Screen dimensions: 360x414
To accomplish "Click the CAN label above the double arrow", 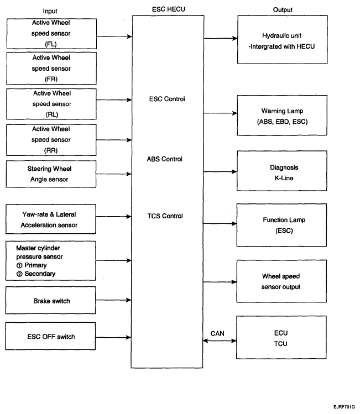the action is (x=217, y=333).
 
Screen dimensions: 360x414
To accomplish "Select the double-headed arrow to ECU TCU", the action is (x=220, y=340).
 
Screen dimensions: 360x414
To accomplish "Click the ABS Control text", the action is (x=165, y=159).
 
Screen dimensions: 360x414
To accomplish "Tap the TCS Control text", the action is (x=165, y=216).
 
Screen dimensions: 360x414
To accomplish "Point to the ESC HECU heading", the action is (x=169, y=9).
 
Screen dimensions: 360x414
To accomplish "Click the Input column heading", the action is (x=50, y=11).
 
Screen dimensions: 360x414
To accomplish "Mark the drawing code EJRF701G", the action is (x=344, y=407).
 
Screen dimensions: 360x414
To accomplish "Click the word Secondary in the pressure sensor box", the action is (x=40, y=274).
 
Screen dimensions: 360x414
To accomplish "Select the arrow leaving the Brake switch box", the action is (x=113, y=300).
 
